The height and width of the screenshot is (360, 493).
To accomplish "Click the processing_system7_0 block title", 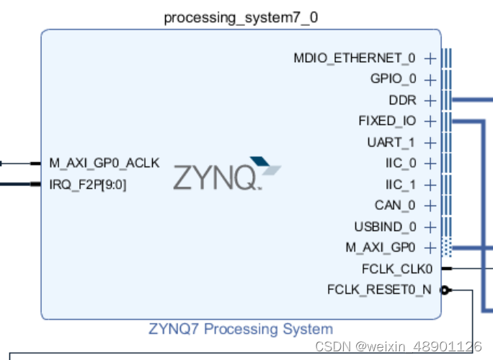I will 241,17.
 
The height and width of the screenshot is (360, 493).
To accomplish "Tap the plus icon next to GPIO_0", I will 430,79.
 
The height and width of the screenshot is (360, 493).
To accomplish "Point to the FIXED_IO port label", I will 387,120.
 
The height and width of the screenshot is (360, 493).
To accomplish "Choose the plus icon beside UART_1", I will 430,142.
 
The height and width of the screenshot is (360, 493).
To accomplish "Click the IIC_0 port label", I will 401,163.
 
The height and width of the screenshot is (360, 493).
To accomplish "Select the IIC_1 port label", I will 401,185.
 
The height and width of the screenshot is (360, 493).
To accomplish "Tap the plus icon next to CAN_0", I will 430,206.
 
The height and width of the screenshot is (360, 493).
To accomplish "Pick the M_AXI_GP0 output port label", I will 381,248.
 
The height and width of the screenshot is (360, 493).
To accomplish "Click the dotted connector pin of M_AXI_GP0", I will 446,248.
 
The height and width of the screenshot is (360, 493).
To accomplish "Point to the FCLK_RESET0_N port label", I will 380,290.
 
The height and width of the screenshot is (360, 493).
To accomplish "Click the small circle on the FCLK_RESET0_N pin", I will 445,290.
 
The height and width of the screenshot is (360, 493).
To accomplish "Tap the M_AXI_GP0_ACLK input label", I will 105,163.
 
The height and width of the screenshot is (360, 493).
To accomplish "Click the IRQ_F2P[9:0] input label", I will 88,185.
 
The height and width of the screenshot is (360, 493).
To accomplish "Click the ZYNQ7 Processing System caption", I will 241,329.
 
